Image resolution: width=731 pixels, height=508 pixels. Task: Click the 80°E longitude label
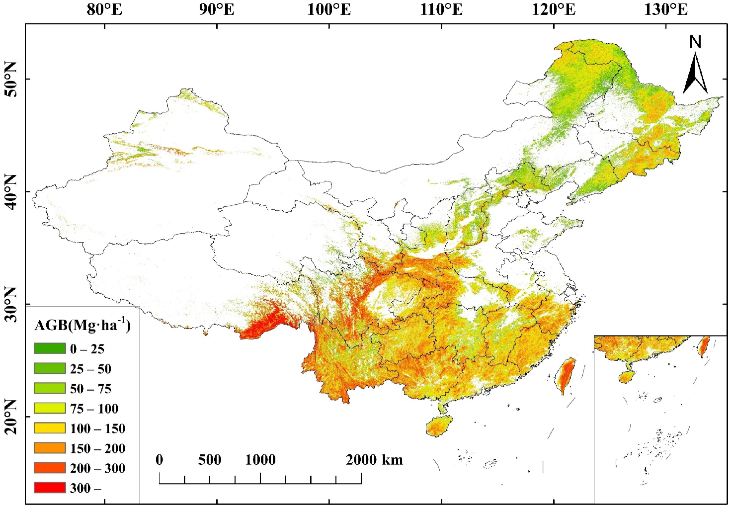[x=104, y=9]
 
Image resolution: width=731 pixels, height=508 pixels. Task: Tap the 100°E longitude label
[x=329, y=9]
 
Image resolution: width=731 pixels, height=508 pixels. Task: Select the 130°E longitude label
[x=666, y=9]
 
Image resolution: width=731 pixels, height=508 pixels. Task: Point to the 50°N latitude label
[x=10, y=79]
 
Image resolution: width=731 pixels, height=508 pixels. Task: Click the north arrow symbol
[x=695, y=75]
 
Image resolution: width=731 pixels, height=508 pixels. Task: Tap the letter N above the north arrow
[x=695, y=42]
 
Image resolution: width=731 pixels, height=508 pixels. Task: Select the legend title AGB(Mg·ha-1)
[x=82, y=325]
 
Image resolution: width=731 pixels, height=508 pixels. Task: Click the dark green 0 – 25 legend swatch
[x=50, y=348]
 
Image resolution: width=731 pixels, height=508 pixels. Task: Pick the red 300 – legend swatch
[x=50, y=488]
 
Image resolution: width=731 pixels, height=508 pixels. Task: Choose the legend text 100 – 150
[x=97, y=428]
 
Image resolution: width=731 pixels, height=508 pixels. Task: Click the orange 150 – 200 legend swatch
[x=50, y=448]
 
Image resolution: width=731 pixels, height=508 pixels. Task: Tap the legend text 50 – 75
[x=90, y=389]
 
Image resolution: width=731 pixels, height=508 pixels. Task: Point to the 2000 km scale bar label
[x=374, y=460]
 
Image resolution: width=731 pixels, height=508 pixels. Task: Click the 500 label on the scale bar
[x=210, y=460]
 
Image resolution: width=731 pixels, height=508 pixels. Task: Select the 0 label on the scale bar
[x=159, y=460]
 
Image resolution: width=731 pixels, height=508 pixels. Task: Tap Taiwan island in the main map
[x=567, y=375]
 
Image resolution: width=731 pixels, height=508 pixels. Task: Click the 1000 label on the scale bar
[x=260, y=460]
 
